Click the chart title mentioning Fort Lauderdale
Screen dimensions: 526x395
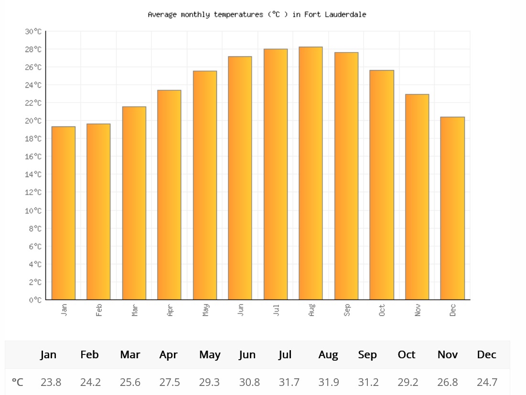pos(257,14)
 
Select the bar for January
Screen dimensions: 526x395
pos(64,213)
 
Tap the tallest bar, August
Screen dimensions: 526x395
pos(311,173)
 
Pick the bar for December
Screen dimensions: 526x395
pos(452,208)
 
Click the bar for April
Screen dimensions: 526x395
pos(169,195)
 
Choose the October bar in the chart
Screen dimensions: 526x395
pos(382,185)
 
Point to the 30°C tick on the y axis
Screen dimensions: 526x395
pos(33,31)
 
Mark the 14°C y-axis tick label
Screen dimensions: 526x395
pos(33,174)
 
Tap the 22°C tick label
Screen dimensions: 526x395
pos(33,103)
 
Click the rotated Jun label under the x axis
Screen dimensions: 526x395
pos(240,310)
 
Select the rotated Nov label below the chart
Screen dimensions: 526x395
pos(417,310)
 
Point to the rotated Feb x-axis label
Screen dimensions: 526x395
pos(98,310)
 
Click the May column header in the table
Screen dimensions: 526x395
pos(210,355)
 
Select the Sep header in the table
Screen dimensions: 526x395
pos(367,355)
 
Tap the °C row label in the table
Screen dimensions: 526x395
pos(18,382)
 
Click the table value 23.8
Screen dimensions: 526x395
pos(51,382)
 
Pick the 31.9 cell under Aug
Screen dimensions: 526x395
pos(329,382)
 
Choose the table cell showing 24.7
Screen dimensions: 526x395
pos(487,382)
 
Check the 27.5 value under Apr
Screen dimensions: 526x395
pos(170,382)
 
